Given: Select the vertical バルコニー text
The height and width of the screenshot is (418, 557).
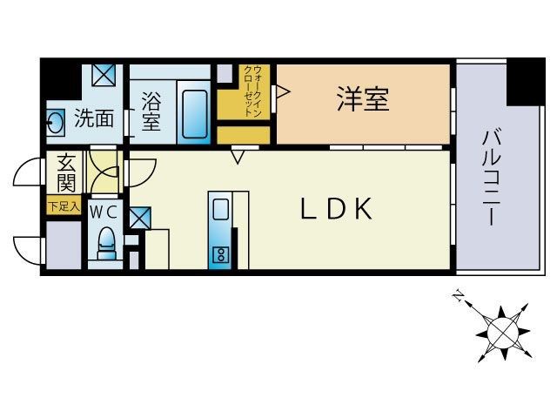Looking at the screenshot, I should (x=490, y=176).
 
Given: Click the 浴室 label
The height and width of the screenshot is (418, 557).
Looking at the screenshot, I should (x=151, y=112).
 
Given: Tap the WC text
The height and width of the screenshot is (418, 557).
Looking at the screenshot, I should (x=105, y=211).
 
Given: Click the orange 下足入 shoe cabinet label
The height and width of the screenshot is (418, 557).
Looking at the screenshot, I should (x=64, y=207).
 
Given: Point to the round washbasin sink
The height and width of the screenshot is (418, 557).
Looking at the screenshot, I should (x=55, y=123).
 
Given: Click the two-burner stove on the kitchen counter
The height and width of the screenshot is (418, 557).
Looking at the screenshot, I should (x=220, y=255).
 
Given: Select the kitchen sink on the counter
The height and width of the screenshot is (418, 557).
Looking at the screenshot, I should (x=220, y=210).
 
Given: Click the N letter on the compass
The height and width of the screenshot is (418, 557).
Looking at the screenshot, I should (x=457, y=297).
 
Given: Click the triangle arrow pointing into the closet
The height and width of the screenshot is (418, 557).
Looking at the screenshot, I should (x=281, y=91).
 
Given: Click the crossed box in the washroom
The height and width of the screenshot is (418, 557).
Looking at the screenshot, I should (x=104, y=75).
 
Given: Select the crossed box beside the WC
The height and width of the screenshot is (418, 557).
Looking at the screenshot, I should (x=139, y=217).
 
